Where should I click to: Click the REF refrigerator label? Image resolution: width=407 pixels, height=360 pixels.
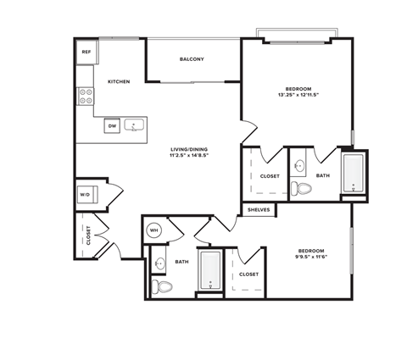tap(86, 53)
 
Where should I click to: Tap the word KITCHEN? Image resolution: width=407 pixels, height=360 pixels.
tap(118, 81)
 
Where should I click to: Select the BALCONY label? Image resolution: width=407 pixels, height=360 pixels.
tap(192, 59)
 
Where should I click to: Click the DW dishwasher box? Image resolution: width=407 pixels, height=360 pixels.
tap(111, 126)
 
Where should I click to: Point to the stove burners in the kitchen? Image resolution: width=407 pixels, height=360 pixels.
tap(86, 97)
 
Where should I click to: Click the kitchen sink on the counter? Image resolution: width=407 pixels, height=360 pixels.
tap(134, 126)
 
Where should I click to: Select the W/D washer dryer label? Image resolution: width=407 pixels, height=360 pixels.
tap(86, 195)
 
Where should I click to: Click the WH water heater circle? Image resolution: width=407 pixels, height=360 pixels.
tap(154, 229)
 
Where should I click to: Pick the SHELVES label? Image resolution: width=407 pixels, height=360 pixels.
tap(259, 209)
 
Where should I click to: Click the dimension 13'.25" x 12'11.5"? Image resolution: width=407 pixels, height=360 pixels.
tap(297, 96)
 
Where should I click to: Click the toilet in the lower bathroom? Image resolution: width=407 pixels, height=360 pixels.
tap(161, 288)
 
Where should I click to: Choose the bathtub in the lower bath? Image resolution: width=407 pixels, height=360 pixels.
tap(209, 271)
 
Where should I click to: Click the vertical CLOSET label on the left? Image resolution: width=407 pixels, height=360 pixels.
tap(87, 235)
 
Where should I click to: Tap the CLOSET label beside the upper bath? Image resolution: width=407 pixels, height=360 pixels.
tap(270, 176)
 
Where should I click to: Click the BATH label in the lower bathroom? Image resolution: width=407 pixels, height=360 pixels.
tap(181, 263)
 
